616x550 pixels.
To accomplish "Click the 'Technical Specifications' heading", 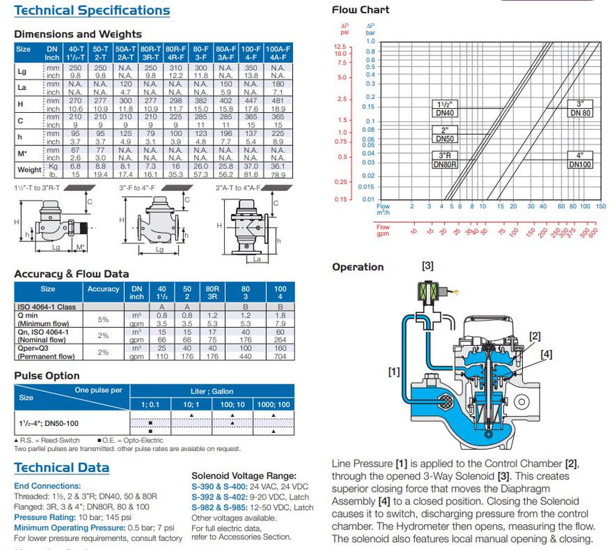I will tap(92, 11).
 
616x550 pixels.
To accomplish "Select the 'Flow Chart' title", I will tap(360, 10).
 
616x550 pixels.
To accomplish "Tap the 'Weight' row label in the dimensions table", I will tap(29, 170).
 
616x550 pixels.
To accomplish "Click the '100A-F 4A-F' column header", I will tap(279, 53).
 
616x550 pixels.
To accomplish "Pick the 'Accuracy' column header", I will tap(104, 288).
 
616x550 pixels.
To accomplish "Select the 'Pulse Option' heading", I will tap(47, 376).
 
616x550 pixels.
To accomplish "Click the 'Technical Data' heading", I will tap(62, 468).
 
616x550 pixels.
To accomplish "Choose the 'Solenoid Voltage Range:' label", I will tap(243, 476).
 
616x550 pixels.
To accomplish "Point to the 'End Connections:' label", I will tap(47, 485).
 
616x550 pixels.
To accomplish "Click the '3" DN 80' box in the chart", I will tap(580, 108).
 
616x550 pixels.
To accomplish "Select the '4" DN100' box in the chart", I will tap(580, 161).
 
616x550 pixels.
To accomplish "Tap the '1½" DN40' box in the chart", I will tap(445, 108).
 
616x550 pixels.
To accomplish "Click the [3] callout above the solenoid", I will tap(427, 265).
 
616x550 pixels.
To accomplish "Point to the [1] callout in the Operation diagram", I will tap(393, 369).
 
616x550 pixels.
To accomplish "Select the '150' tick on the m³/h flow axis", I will tap(601, 206).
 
